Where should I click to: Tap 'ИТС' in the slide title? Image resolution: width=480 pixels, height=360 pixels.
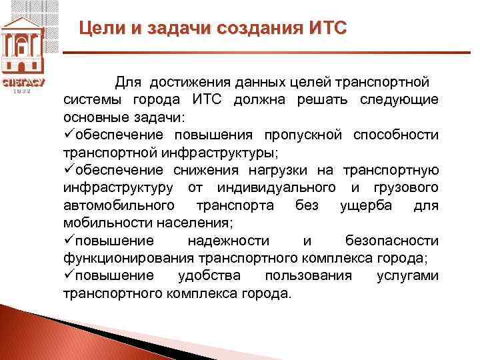point(328,29)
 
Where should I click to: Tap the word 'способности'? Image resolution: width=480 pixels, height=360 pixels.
point(399,135)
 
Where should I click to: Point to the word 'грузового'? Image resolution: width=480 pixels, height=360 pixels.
point(408,187)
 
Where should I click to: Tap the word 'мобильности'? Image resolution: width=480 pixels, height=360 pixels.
point(101,222)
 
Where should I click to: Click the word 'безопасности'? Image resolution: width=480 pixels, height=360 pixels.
point(392,240)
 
